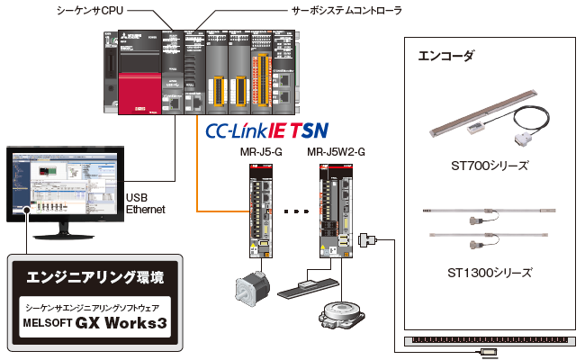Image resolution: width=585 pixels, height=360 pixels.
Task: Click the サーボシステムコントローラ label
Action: click(346, 10)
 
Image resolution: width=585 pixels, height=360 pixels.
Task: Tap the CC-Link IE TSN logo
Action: click(266, 130)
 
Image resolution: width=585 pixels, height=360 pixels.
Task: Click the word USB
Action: click(137, 197)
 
